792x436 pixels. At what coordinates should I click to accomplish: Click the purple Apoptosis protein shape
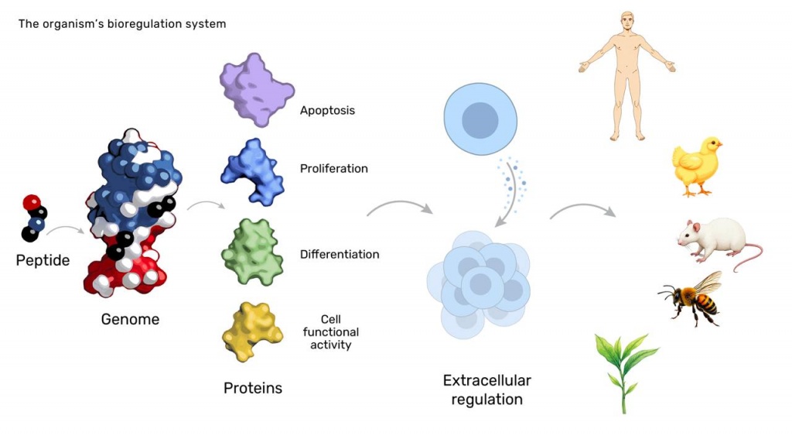point(255,90)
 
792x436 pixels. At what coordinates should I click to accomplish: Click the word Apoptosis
point(327,110)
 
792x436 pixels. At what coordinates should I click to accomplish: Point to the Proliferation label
point(333,168)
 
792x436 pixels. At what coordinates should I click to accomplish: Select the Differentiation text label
point(340,254)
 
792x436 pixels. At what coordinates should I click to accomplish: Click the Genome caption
point(130,319)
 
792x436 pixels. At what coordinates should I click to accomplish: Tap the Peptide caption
point(43,260)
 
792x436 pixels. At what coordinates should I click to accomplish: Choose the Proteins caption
point(253,388)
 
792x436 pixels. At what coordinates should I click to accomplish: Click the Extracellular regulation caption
point(486,390)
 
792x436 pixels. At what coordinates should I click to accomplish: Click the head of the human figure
point(626,20)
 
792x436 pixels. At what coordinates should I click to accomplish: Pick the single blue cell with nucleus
point(480,119)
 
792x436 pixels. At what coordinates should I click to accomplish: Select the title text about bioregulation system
point(122,24)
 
